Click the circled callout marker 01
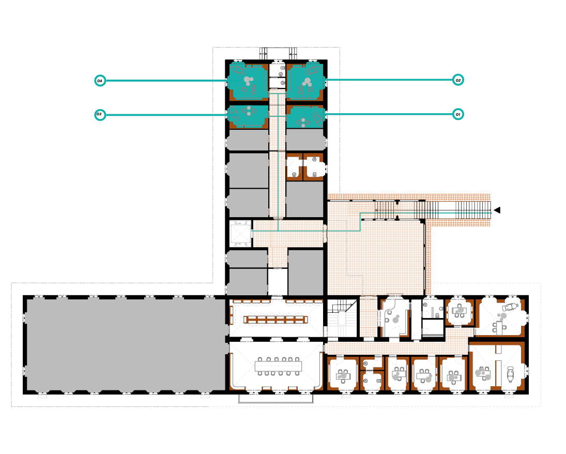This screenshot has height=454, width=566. click(457, 114)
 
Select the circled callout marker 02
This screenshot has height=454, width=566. click(457, 80)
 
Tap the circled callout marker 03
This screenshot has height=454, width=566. click(100, 115)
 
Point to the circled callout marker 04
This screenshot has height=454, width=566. click(100, 81)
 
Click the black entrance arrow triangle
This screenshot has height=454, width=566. click(497, 210)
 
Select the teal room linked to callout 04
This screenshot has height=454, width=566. click(248, 82)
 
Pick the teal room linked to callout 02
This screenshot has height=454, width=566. click(305, 82)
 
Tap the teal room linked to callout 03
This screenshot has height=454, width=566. click(248, 116)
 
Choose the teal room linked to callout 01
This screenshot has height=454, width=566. click(305, 117)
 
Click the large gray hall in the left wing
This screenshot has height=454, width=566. click(126, 345)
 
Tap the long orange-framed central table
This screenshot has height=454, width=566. click(276, 320)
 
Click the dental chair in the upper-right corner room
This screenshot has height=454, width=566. click(510, 308)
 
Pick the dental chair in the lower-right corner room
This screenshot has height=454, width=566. click(510, 374)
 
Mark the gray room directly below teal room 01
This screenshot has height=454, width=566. click(305, 140)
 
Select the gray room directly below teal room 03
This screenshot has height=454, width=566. click(248, 140)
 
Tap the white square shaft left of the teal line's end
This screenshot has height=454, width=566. click(240, 234)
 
